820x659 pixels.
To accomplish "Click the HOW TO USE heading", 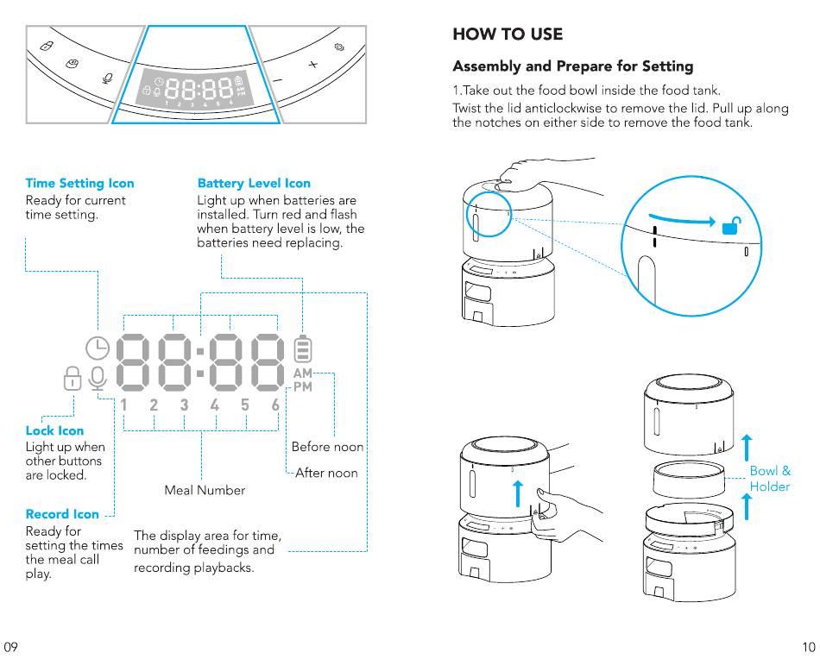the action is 508,35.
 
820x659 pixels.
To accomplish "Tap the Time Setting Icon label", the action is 79,184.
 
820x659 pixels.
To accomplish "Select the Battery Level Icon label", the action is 254,184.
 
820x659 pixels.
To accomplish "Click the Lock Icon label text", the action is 54,430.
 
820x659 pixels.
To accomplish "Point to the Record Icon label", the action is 62,514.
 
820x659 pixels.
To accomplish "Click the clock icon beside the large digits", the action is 98,348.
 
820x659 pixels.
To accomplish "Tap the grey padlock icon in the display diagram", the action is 73,378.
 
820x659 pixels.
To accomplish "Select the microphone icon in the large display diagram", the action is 98,379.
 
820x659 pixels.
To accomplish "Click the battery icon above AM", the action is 303,348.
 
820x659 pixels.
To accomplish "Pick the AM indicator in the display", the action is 303,373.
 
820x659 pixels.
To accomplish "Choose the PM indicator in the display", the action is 303,386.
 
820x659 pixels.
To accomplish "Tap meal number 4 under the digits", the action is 214,405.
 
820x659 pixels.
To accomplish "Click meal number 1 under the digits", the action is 123,405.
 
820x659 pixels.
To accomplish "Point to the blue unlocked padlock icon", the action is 732,225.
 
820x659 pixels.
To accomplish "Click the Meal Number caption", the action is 205,490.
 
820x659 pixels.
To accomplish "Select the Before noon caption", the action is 327,447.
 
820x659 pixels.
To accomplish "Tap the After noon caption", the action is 326,473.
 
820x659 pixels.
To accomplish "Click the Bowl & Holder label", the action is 770,479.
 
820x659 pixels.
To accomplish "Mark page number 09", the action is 10,647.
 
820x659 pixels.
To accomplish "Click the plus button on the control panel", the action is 312,65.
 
